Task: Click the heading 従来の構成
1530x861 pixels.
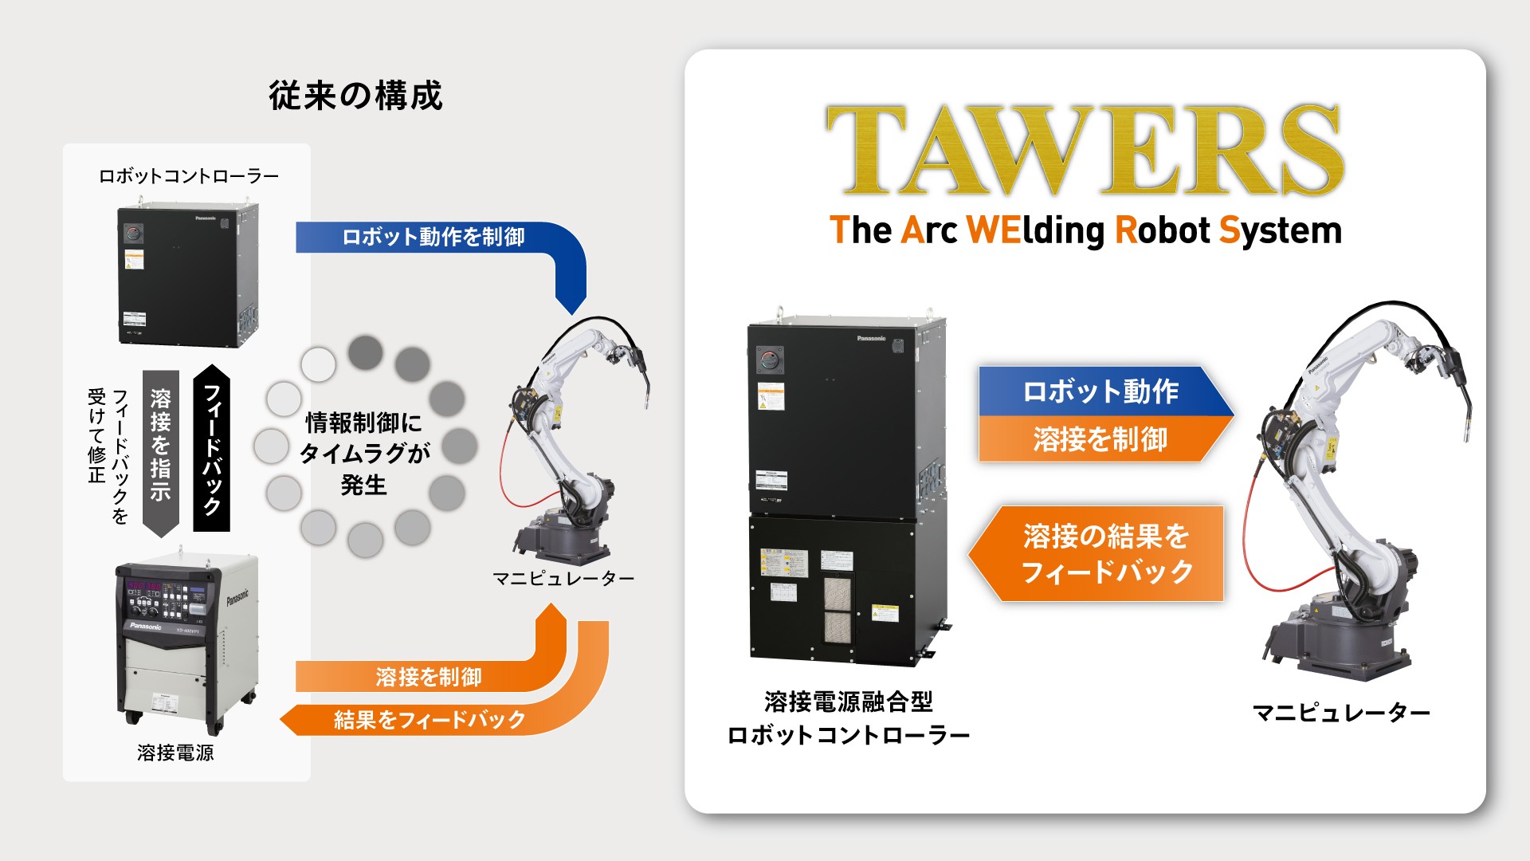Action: tap(355, 96)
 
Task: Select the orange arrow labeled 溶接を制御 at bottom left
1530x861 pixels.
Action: tap(429, 677)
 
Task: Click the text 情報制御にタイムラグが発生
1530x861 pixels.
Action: tap(364, 453)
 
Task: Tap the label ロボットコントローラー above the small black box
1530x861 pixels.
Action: tap(188, 176)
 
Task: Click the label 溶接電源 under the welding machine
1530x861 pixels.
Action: tap(175, 753)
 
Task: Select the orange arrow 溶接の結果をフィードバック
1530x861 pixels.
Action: tap(1104, 553)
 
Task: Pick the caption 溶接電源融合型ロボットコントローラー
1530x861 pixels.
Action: tap(848, 718)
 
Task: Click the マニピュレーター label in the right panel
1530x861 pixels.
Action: tap(1341, 712)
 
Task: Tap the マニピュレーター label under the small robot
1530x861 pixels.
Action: tap(563, 578)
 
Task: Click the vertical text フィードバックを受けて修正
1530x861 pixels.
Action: tap(108, 454)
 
